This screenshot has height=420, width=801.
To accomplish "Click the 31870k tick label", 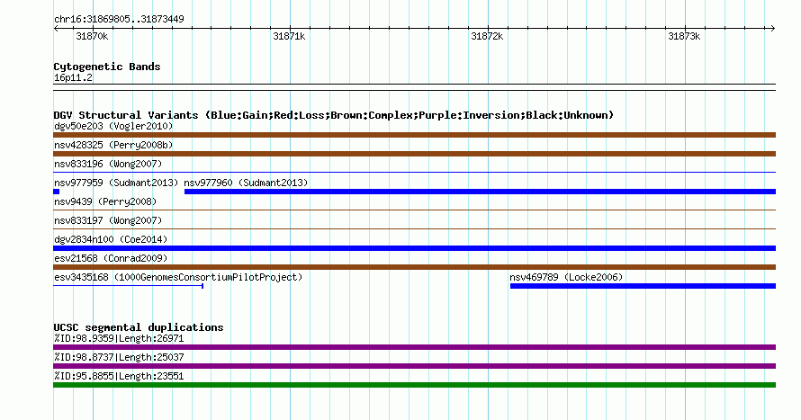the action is coord(92,36).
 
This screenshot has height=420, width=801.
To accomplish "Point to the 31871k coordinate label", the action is coord(289,36).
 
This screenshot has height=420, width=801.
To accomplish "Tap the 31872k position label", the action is coord(487,36).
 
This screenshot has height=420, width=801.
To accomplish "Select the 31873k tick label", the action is coord(684,36).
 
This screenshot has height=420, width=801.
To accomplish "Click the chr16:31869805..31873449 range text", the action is coord(119,20).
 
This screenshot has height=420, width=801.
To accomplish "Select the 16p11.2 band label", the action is coord(73,77).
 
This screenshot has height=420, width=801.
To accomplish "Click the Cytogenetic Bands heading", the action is coord(107,67).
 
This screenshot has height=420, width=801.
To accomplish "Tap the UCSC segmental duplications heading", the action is coord(139,327).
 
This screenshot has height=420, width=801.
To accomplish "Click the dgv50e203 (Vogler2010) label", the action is coord(113,126).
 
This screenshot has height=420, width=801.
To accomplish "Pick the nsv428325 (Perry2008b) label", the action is coord(113,145).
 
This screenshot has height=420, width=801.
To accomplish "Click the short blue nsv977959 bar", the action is coord(56,192).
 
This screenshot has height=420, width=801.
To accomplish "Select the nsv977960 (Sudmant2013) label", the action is coord(247,183).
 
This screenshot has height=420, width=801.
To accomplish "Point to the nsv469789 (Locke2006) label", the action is coord(566,277).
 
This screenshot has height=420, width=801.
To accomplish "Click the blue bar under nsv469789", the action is coord(643,286).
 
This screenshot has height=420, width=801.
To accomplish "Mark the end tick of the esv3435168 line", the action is coord(202,286).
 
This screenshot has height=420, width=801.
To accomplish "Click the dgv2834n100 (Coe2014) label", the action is coord(111,239).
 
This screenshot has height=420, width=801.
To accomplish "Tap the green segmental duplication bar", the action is coord(414,385).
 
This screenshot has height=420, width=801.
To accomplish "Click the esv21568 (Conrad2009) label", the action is coord(111,258).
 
